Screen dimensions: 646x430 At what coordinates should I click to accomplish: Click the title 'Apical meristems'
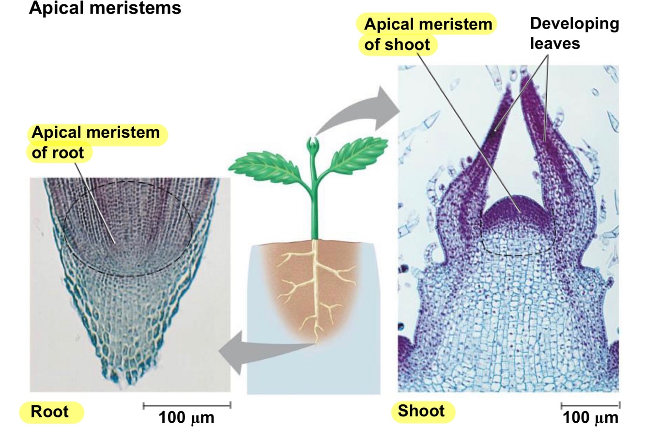(105, 8)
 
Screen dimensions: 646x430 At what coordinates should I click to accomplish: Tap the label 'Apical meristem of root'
(95, 142)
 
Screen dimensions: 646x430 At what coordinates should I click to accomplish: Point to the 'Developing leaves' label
(574, 33)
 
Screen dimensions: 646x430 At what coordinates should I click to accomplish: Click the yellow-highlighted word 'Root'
(50, 412)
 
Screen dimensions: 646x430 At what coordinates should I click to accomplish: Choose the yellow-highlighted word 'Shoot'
(421, 411)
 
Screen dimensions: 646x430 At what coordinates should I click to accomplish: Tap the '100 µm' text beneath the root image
(186, 418)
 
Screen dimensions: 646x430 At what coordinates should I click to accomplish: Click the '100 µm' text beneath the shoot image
(590, 418)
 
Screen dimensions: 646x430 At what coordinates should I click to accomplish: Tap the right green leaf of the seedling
(361, 153)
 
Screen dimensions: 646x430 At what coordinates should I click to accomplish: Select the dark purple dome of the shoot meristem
(517, 208)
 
